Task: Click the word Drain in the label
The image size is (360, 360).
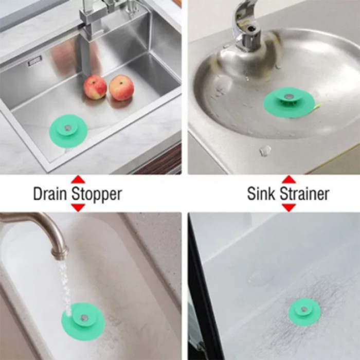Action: [50, 194]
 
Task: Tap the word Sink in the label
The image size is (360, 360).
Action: [261, 194]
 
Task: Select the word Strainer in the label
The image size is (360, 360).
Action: [304, 194]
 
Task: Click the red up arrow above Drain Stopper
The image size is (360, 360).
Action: [78, 180]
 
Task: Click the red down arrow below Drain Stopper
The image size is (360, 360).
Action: [78, 207]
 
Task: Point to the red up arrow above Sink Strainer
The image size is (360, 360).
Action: [289, 180]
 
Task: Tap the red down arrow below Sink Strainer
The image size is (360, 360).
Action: [289, 207]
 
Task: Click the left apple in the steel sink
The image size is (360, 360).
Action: [95, 87]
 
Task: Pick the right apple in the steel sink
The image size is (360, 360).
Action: [121, 88]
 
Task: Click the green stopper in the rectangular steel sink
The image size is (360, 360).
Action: [68, 130]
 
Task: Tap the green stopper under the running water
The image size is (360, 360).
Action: [83, 318]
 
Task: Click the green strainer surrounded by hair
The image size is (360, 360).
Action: [304, 312]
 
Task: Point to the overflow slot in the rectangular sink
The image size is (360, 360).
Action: [35, 62]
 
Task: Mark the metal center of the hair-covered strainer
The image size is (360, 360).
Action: [304, 309]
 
